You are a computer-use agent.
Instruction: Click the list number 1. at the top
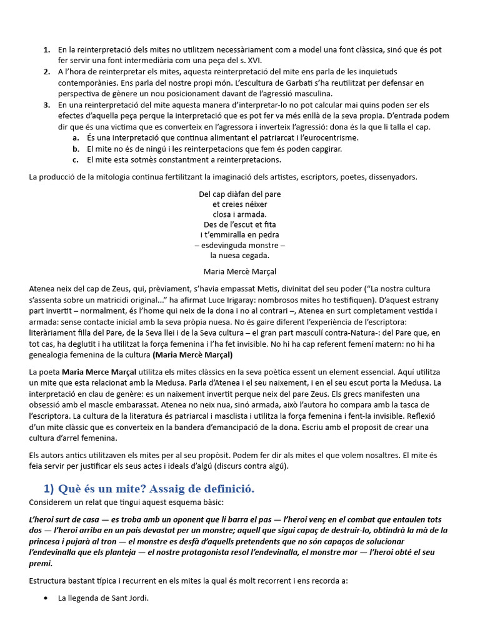coord(47,49)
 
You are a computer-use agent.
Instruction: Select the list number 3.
coord(47,105)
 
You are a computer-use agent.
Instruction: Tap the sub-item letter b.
coord(75,149)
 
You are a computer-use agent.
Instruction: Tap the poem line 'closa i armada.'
coord(240,214)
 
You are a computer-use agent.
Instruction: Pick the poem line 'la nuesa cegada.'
coord(240,255)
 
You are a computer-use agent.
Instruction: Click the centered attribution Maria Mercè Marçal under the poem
coord(240,272)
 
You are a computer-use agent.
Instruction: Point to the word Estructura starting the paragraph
coord(49,581)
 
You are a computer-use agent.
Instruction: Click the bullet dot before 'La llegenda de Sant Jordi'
coord(47,599)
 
